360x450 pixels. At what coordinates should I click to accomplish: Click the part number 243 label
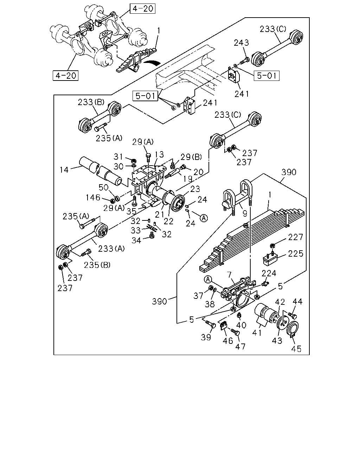(x=241, y=43)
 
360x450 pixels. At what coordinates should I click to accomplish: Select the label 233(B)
(x=91, y=102)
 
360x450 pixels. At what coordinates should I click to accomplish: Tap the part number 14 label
(x=64, y=169)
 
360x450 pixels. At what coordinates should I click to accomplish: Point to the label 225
(x=296, y=253)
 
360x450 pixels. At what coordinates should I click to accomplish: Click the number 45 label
(x=296, y=349)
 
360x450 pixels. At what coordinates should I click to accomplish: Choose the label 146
(x=93, y=197)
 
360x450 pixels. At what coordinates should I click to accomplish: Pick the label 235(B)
(x=97, y=265)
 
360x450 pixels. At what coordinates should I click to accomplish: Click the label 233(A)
(x=111, y=249)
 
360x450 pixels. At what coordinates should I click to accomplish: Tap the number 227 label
(x=296, y=237)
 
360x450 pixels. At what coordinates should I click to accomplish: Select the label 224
(x=269, y=273)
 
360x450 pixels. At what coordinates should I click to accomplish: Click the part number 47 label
(x=240, y=347)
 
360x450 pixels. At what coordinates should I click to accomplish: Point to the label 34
(x=136, y=240)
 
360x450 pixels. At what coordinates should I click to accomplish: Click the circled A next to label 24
(x=204, y=218)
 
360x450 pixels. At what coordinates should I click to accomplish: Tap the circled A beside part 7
(x=208, y=279)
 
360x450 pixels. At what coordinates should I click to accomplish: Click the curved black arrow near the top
(x=150, y=62)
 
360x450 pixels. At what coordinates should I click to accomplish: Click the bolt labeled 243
(x=244, y=61)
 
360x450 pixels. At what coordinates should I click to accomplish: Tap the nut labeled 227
(x=272, y=246)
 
